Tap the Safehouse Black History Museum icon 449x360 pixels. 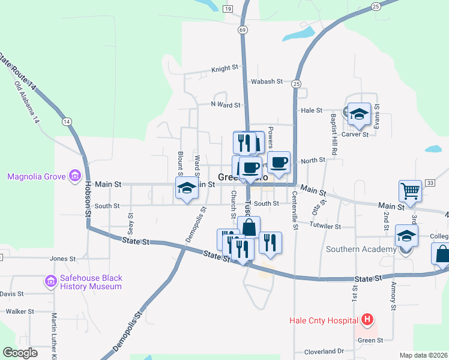pyautogui.click(x=50, y=281)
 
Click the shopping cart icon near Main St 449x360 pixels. pyautogui.click(x=410, y=191)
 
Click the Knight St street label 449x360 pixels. pyautogui.click(x=224, y=70)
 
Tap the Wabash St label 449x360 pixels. pyautogui.click(x=267, y=82)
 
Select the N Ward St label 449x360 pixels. pyautogui.click(x=225, y=104)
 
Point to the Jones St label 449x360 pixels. pyautogui.click(x=62, y=259)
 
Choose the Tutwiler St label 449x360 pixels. pyautogui.click(x=325, y=227)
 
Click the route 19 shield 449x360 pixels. pyautogui.click(x=227, y=9)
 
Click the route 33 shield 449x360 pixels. pyautogui.click(x=429, y=182)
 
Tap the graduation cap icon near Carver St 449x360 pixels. pyautogui.click(x=359, y=114)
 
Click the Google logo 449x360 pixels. pyautogui.click(x=20, y=353)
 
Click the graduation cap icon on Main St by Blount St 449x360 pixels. pyautogui.click(x=186, y=188)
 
